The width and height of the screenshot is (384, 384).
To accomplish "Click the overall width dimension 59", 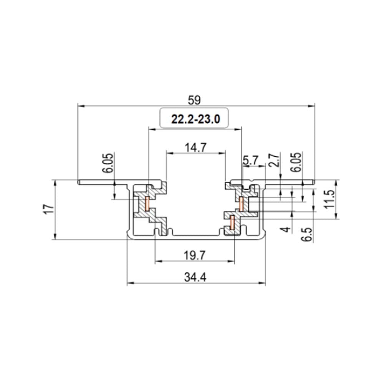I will click(x=194, y=100).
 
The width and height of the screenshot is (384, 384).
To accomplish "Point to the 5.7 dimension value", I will click(x=251, y=161).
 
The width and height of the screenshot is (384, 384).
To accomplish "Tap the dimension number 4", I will click(x=285, y=230).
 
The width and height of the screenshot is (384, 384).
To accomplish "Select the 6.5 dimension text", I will click(x=306, y=233).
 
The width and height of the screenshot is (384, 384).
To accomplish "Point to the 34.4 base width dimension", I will click(x=196, y=278).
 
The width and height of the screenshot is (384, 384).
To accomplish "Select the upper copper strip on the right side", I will click(x=241, y=204).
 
